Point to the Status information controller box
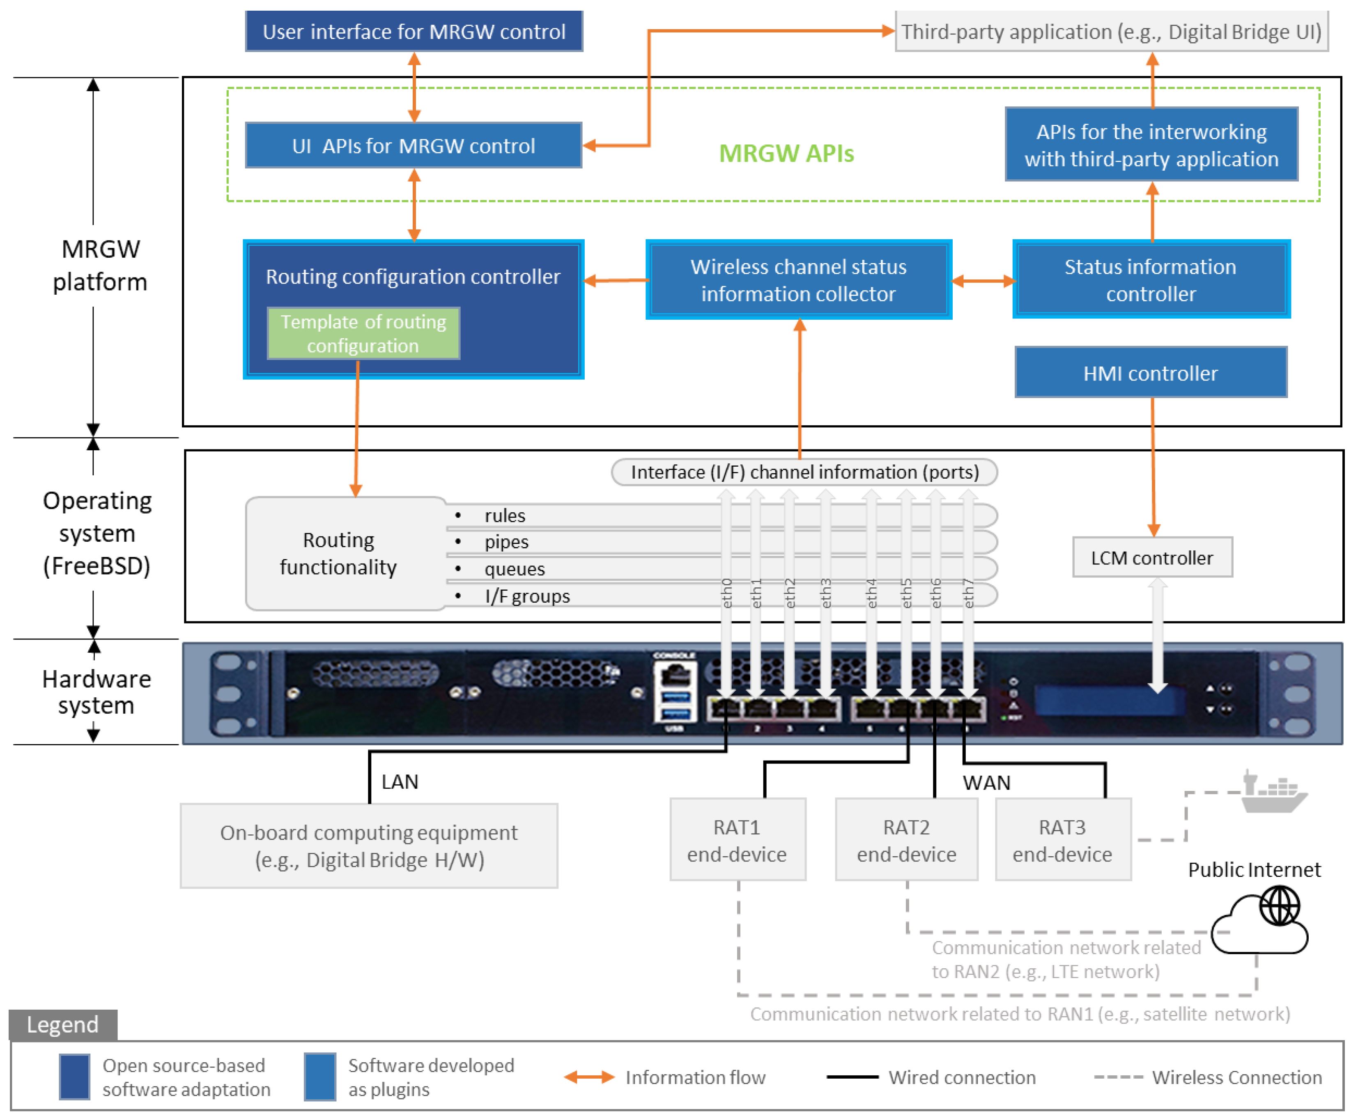click(1150, 280)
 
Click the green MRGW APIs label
click(786, 153)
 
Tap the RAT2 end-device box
click(905, 840)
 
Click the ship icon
click(1272, 792)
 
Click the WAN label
click(986, 782)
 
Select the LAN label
click(399, 781)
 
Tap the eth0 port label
click(726, 593)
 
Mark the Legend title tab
click(62, 1024)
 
